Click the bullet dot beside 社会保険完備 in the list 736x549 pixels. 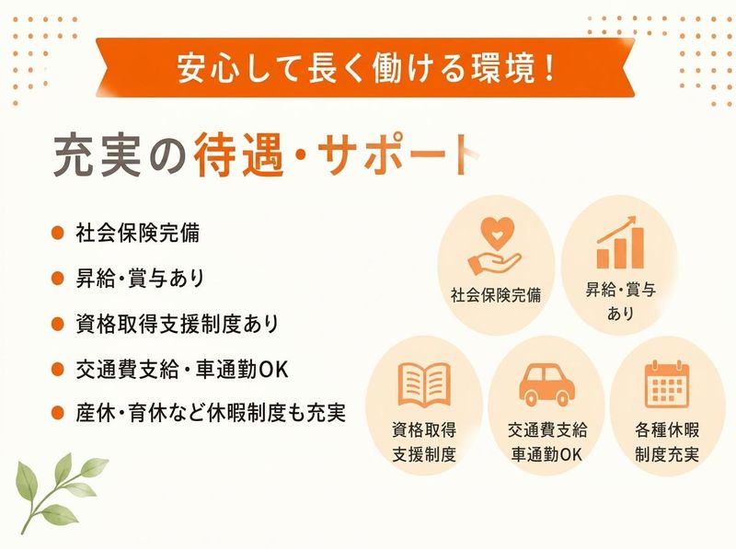pyautogui.click(x=57, y=233)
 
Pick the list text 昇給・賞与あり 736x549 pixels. pyautogui.click(x=140, y=279)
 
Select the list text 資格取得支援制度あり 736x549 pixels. pyautogui.click(x=178, y=325)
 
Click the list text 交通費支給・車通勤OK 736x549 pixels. pyautogui.click(x=181, y=370)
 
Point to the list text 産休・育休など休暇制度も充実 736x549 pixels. pyautogui.click(x=211, y=413)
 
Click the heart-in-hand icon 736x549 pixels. pyautogui.click(x=494, y=245)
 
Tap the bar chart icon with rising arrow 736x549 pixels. pyautogui.click(x=619, y=242)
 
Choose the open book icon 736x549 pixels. pyautogui.click(x=424, y=384)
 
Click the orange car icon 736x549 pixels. pyautogui.click(x=546, y=384)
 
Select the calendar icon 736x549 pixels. pyautogui.click(x=666, y=383)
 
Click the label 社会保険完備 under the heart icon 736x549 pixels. pyautogui.click(x=496, y=295)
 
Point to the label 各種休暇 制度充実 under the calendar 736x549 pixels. pyautogui.click(x=667, y=441)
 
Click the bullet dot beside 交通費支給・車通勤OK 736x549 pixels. pyautogui.click(x=57, y=370)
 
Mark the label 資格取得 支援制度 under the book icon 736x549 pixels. pyautogui.click(x=424, y=441)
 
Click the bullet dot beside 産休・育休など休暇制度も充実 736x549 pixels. pyautogui.click(x=57, y=413)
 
